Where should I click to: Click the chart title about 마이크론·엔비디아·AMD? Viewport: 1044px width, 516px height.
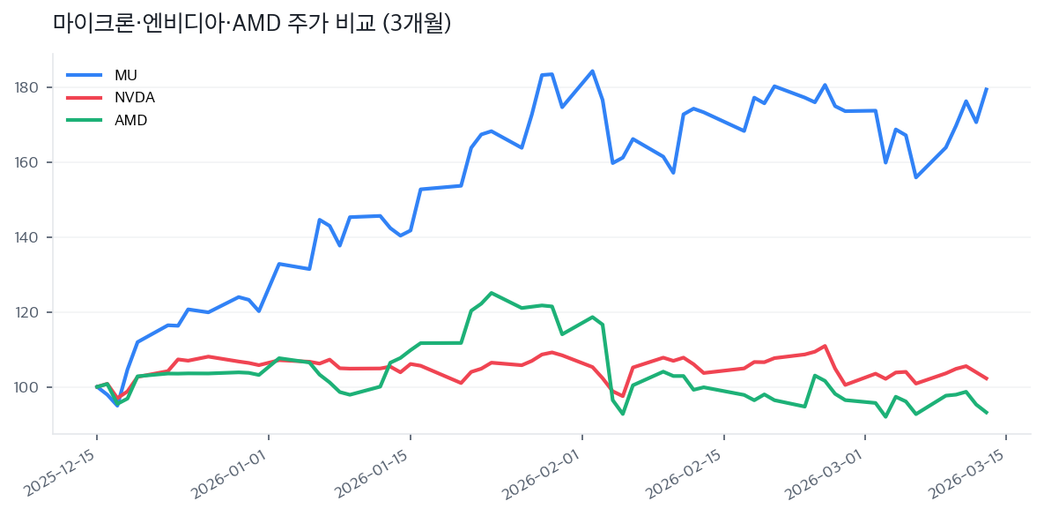coord(252,24)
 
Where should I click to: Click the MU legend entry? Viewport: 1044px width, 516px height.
coord(126,75)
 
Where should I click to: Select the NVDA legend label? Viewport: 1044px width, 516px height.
coord(134,97)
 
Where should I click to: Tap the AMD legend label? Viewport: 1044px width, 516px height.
coord(130,120)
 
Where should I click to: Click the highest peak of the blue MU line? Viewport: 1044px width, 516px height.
coord(592,71)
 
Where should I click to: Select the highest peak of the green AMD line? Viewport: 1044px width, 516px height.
coord(491,293)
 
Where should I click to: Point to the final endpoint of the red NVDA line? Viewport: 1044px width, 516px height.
coord(987,379)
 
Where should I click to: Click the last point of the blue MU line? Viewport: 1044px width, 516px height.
coord(987,88)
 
